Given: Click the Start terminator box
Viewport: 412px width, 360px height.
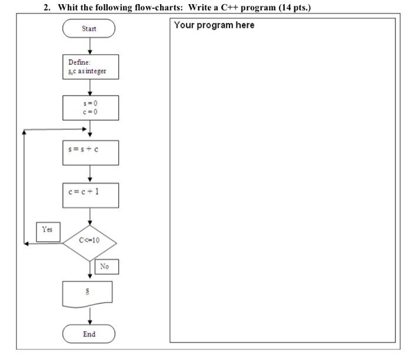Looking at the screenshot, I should [89, 29].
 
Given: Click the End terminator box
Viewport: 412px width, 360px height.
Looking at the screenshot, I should [89, 334].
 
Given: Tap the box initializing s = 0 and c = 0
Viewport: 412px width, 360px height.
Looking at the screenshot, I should [89, 108].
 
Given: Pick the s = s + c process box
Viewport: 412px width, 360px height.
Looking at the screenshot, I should [89, 152].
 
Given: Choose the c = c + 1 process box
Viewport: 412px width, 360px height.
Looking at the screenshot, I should [89, 195].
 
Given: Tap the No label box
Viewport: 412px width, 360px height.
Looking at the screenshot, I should [105, 266].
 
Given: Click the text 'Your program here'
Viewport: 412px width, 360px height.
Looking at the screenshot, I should [214, 25].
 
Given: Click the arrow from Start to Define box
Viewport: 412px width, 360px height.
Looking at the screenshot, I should [89, 46].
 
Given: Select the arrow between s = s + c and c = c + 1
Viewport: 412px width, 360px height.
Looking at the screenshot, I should [89, 174].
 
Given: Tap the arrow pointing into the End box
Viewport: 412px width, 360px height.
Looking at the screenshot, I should [89, 317].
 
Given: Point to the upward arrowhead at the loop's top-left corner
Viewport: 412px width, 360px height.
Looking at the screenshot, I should [24, 132].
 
